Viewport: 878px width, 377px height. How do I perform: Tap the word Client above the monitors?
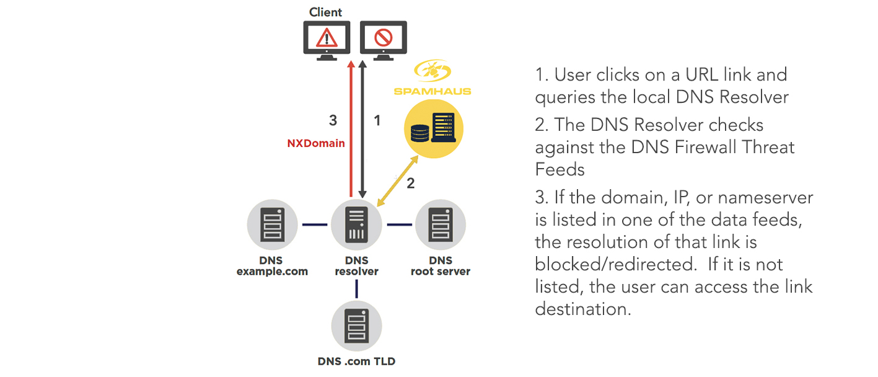(325, 12)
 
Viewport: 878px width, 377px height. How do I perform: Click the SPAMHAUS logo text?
(432, 91)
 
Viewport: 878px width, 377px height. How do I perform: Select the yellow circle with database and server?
(433, 131)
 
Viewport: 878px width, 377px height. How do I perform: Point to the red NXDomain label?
(316, 143)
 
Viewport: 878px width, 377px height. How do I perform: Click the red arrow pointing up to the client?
(351, 130)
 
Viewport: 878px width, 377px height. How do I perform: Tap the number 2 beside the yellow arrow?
(410, 183)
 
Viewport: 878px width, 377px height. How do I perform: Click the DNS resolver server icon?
(356, 225)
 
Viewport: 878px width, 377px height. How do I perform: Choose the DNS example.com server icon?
(272, 224)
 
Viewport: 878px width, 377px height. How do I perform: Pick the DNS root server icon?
(440, 224)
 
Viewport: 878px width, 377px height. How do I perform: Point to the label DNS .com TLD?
(356, 361)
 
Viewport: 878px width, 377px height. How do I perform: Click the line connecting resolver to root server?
(400, 224)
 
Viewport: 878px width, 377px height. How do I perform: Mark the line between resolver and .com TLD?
(356, 288)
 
